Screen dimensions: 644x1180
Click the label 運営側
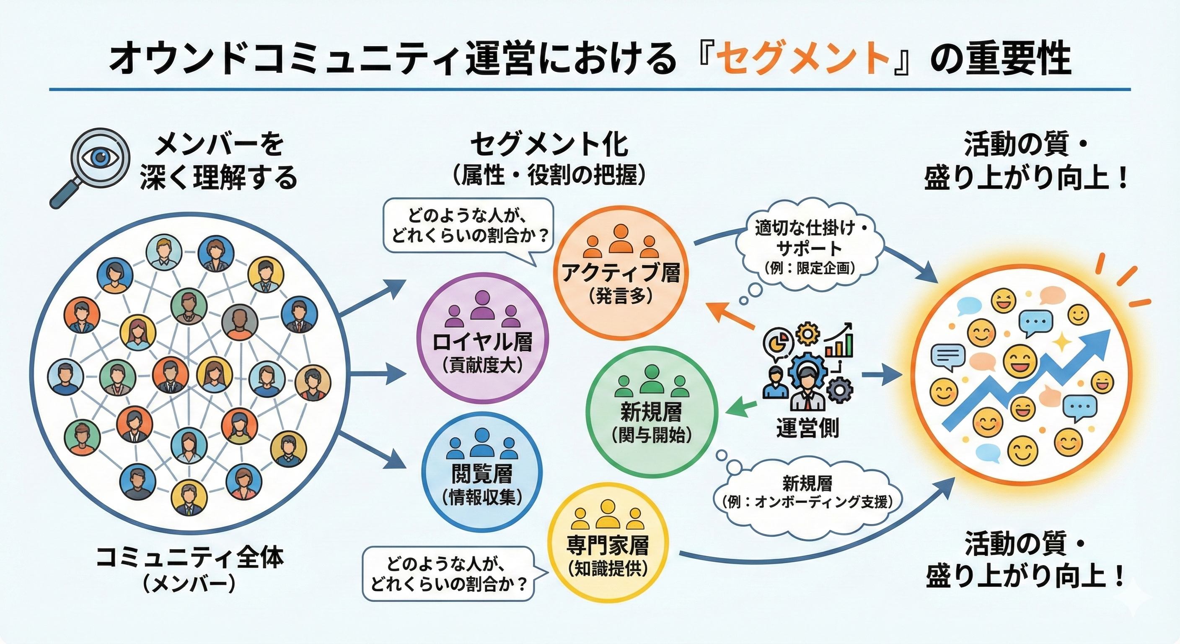tap(807, 428)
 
